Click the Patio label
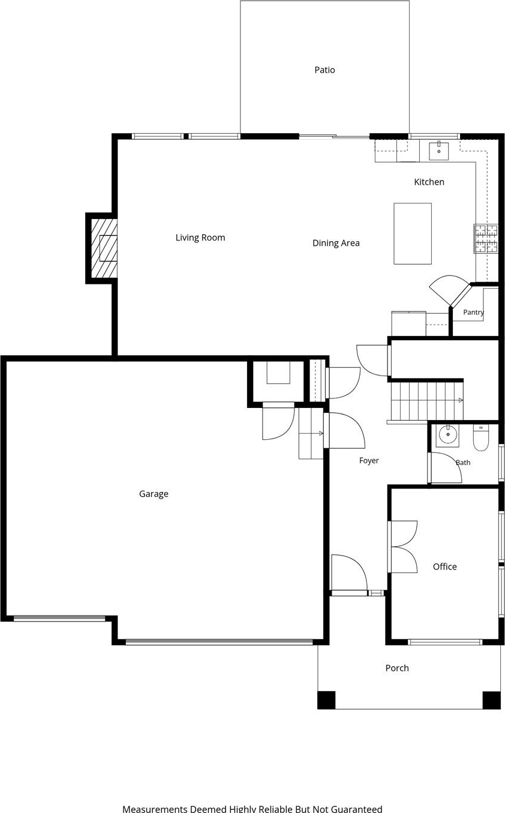[324, 70]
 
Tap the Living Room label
[200, 238]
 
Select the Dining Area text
[336, 243]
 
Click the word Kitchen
[429, 182]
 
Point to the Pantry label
[473, 312]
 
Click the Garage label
[154, 494]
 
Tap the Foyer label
[369, 461]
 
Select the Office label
[445, 566]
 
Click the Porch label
[397, 668]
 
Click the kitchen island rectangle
[413, 234]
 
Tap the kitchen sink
[438, 151]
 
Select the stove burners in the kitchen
[486, 238]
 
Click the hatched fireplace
[104, 248]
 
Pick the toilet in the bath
[481, 437]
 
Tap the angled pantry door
[451, 290]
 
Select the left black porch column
[326, 700]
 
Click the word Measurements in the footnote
[155, 809]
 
